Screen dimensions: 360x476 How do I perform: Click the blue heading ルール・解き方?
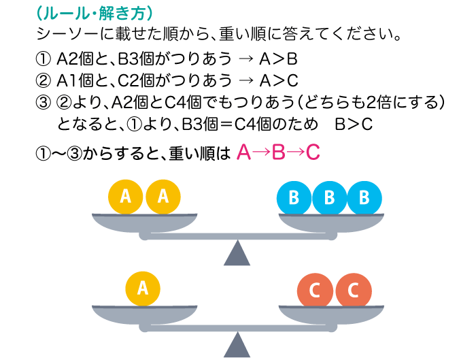[x=99, y=13]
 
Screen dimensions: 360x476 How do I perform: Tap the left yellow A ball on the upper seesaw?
[x=126, y=197]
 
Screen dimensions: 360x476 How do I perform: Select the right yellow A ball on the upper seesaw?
[x=163, y=197]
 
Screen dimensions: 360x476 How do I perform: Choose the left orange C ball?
[x=315, y=290]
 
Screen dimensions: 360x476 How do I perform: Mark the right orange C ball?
[x=353, y=290]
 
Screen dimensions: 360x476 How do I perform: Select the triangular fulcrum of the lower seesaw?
[x=237, y=345]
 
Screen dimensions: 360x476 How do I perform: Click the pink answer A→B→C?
[x=278, y=152]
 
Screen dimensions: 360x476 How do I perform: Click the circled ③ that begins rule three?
[x=42, y=103]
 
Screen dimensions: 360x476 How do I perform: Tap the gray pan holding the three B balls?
[x=330, y=222]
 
